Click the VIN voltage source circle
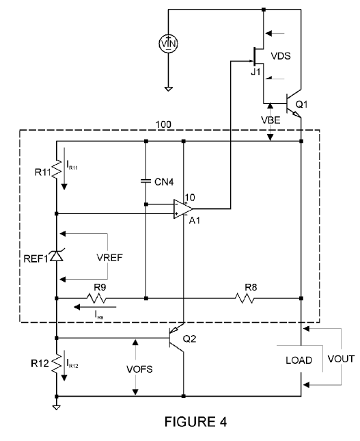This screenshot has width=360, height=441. (x=168, y=44)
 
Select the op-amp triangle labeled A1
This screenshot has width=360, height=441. (x=182, y=209)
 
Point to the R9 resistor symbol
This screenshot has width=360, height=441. (x=97, y=298)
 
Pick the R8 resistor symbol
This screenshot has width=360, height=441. (x=245, y=298)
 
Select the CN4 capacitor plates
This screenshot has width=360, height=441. (x=146, y=181)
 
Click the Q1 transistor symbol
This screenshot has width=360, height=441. (x=292, y=104)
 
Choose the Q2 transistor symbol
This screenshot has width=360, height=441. (x=176, y=338)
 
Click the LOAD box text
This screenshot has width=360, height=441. (x=299, y=360)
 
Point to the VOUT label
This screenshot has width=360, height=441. (x=341, y=359)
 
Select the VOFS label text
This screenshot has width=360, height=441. (x=139, y=369)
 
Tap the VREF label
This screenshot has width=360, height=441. (x=109, y=258)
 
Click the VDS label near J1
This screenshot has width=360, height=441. (x=281, y=55)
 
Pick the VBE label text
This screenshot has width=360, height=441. (x=271, y=120)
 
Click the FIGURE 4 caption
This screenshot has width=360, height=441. (x=195, y=422)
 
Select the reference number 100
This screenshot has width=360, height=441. (x=163, y=124)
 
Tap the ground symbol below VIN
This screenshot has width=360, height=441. (x=168, y=89)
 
